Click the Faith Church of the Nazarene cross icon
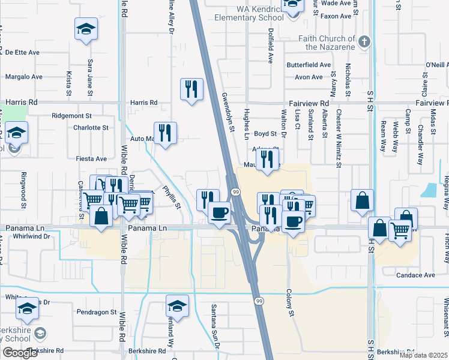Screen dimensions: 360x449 coord(364,42)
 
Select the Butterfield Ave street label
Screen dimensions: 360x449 coord(309,65)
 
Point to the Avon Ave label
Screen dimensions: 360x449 coord(309,77)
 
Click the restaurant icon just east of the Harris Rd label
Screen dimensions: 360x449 coord(191,89)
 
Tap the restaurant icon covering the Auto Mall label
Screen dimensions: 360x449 coord(164,133)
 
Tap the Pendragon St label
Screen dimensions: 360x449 coord(97,312)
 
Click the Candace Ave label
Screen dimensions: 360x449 coord(416,275)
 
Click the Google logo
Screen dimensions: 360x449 coord(20,353)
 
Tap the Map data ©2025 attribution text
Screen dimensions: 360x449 coord(423,355)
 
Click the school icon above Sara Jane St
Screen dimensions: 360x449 coord(86,28)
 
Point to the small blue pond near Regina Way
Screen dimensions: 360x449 coord(430,190)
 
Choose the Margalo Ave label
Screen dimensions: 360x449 coord(24,77)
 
